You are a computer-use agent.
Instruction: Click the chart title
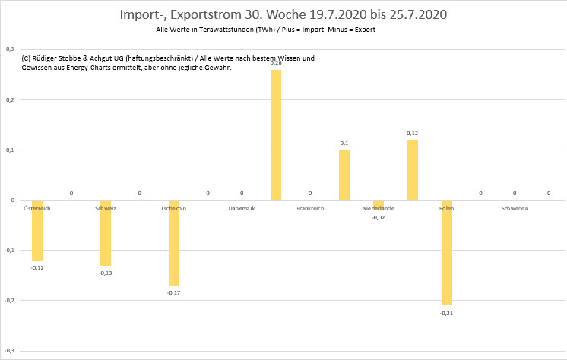283,15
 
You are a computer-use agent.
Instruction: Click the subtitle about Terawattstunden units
264,30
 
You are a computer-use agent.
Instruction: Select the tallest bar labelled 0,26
275,135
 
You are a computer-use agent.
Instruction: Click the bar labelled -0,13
106,233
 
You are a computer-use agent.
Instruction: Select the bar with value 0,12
413,170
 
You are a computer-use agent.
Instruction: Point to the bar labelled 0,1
344,175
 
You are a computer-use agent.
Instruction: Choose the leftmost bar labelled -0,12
37,230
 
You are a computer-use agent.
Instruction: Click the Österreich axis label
37,208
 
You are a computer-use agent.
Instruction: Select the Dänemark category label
242,208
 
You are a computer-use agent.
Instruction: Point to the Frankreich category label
310,208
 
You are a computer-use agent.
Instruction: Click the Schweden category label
515,208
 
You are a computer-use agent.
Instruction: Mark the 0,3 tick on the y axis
10,49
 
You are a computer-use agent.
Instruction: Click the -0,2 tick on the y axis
9,301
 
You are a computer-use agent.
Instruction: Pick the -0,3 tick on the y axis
9,351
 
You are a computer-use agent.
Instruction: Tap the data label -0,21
446,312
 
